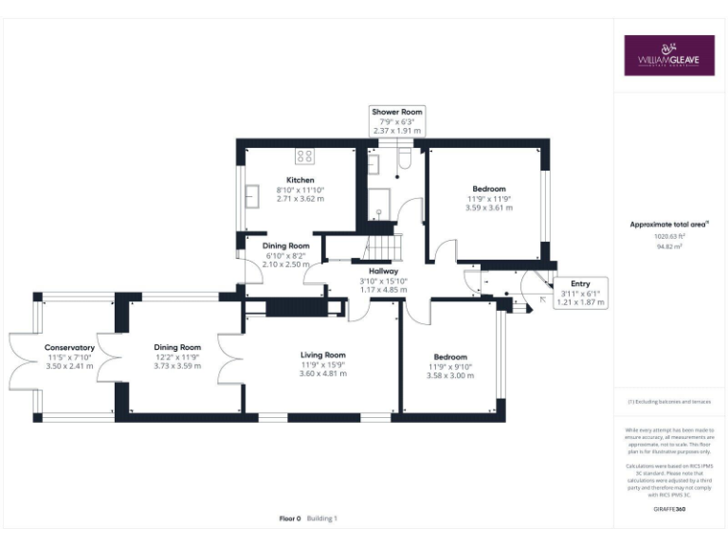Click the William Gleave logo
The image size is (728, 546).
(668, 56)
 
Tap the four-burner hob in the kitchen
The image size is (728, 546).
(305, 155)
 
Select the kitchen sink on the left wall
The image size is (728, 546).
(254, 196)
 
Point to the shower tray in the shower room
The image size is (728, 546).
(378, 202)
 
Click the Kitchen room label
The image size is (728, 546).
(300, 180)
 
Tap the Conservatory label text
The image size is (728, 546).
(69, 348)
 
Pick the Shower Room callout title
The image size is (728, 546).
(397, 112)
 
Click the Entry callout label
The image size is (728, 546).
(580, 283)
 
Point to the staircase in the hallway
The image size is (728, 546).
(383, 249)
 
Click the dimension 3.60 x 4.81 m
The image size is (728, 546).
(323, 373)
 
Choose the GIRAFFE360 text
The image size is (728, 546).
(669, 510)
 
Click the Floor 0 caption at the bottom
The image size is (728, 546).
(290, 519)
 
